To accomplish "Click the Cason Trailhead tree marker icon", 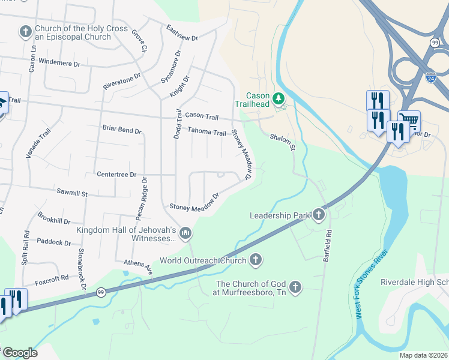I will [278, 98].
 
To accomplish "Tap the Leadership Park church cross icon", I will [318, 215].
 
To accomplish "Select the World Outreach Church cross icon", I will [256, 260].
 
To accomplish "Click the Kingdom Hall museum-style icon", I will [185, 232].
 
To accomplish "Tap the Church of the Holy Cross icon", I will [25, 31].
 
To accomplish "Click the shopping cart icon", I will [409, 121].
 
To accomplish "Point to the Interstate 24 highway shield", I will [430, 77].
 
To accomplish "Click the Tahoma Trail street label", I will [206, 132].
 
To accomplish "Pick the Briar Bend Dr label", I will [122, 130].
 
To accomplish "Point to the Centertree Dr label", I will [116, 175].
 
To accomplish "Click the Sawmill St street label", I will [72, 194].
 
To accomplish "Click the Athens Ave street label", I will [139, 267].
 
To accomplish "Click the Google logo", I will [19, 353].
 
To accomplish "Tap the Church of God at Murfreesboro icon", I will [295, 287].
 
